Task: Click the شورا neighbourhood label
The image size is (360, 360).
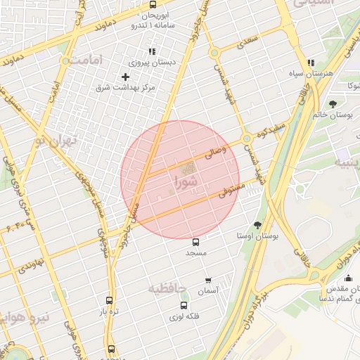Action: point(185,181)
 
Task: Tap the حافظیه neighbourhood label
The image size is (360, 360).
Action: point(167,288)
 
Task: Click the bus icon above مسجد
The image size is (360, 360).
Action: point(195,241)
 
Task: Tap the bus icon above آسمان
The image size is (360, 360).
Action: point(207,280)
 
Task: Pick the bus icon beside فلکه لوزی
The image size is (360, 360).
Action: point(184,305)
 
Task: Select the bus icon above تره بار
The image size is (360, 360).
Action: point(108,300)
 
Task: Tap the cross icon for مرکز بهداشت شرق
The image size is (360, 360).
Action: point(126,76)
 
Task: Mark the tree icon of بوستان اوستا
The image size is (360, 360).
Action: point(257,225)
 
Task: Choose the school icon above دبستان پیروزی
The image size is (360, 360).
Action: point(151,51)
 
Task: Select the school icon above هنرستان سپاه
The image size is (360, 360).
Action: point(311,63)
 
